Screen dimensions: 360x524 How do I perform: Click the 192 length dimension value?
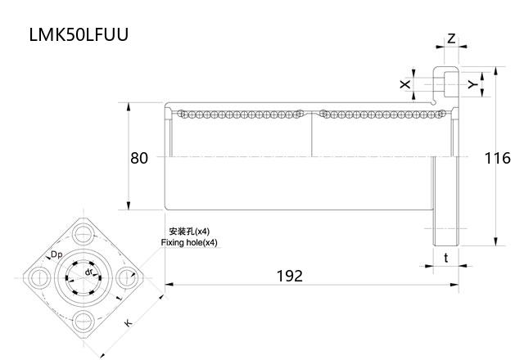click(x=288, y=276)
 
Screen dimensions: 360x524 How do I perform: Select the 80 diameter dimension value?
click(x=139, y=158)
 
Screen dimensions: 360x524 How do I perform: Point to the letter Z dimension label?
click(x=451, y=38)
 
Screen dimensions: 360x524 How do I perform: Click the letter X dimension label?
click(x=404, y=84)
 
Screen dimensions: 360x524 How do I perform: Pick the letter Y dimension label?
click(x=471, y=83)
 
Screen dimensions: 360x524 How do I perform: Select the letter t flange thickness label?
click(x=445, y=257)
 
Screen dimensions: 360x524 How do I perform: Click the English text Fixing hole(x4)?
click(x=189, y=243)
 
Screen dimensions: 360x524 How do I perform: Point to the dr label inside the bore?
click(x=88, y=269)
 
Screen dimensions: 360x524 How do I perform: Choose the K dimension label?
click(x=128, y=323)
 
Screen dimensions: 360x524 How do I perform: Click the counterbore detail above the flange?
click(x=447, y=83)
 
